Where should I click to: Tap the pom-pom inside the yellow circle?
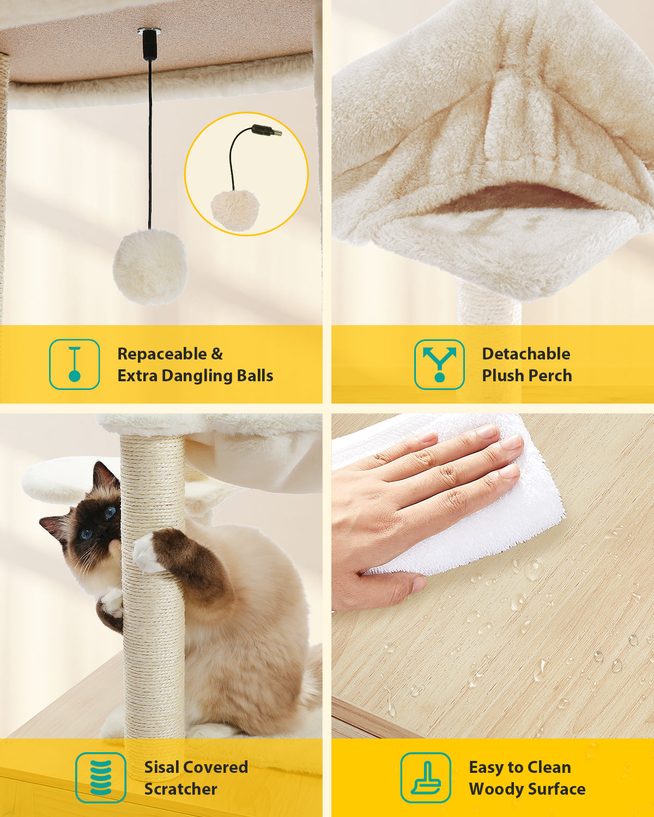(235, 209)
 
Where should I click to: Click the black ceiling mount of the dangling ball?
(149, 45)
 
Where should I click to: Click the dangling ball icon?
(75, 364)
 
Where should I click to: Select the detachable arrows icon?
(439, 364)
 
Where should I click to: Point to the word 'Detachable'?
(526, 354)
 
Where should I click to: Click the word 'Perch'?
(550, 375)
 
